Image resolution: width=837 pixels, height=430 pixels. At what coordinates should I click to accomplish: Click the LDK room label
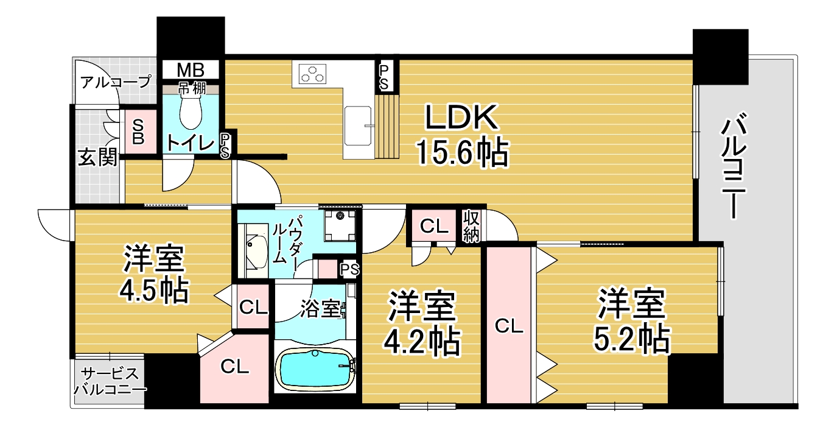[462, 118]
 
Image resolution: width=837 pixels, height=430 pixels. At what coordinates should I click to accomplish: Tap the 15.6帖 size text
[463, 152]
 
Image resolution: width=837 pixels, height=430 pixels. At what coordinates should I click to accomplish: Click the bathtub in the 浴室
[315, 370]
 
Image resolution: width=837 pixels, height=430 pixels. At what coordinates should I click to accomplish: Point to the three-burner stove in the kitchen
[312, 74]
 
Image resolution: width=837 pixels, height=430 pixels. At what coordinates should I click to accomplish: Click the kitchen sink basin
[358, 126]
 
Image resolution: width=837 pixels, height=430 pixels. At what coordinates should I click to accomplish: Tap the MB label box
[191, 69]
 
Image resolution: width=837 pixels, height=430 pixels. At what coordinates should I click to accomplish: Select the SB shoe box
[138, 132]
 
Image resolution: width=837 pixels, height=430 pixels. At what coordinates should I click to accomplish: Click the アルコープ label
[116, 82]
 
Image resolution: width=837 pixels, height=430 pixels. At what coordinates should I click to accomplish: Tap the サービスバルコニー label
[110, 381]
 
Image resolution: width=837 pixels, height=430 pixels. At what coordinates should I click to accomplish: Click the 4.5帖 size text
[153, 291]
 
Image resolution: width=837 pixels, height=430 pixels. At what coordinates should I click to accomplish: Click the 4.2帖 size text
[422, 342]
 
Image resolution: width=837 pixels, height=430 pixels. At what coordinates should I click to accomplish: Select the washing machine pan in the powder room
[340, 225]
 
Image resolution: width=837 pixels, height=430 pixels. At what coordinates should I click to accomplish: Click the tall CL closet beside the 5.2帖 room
[509, 325]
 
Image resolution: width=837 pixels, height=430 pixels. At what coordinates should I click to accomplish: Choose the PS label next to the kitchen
[383, 77]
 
